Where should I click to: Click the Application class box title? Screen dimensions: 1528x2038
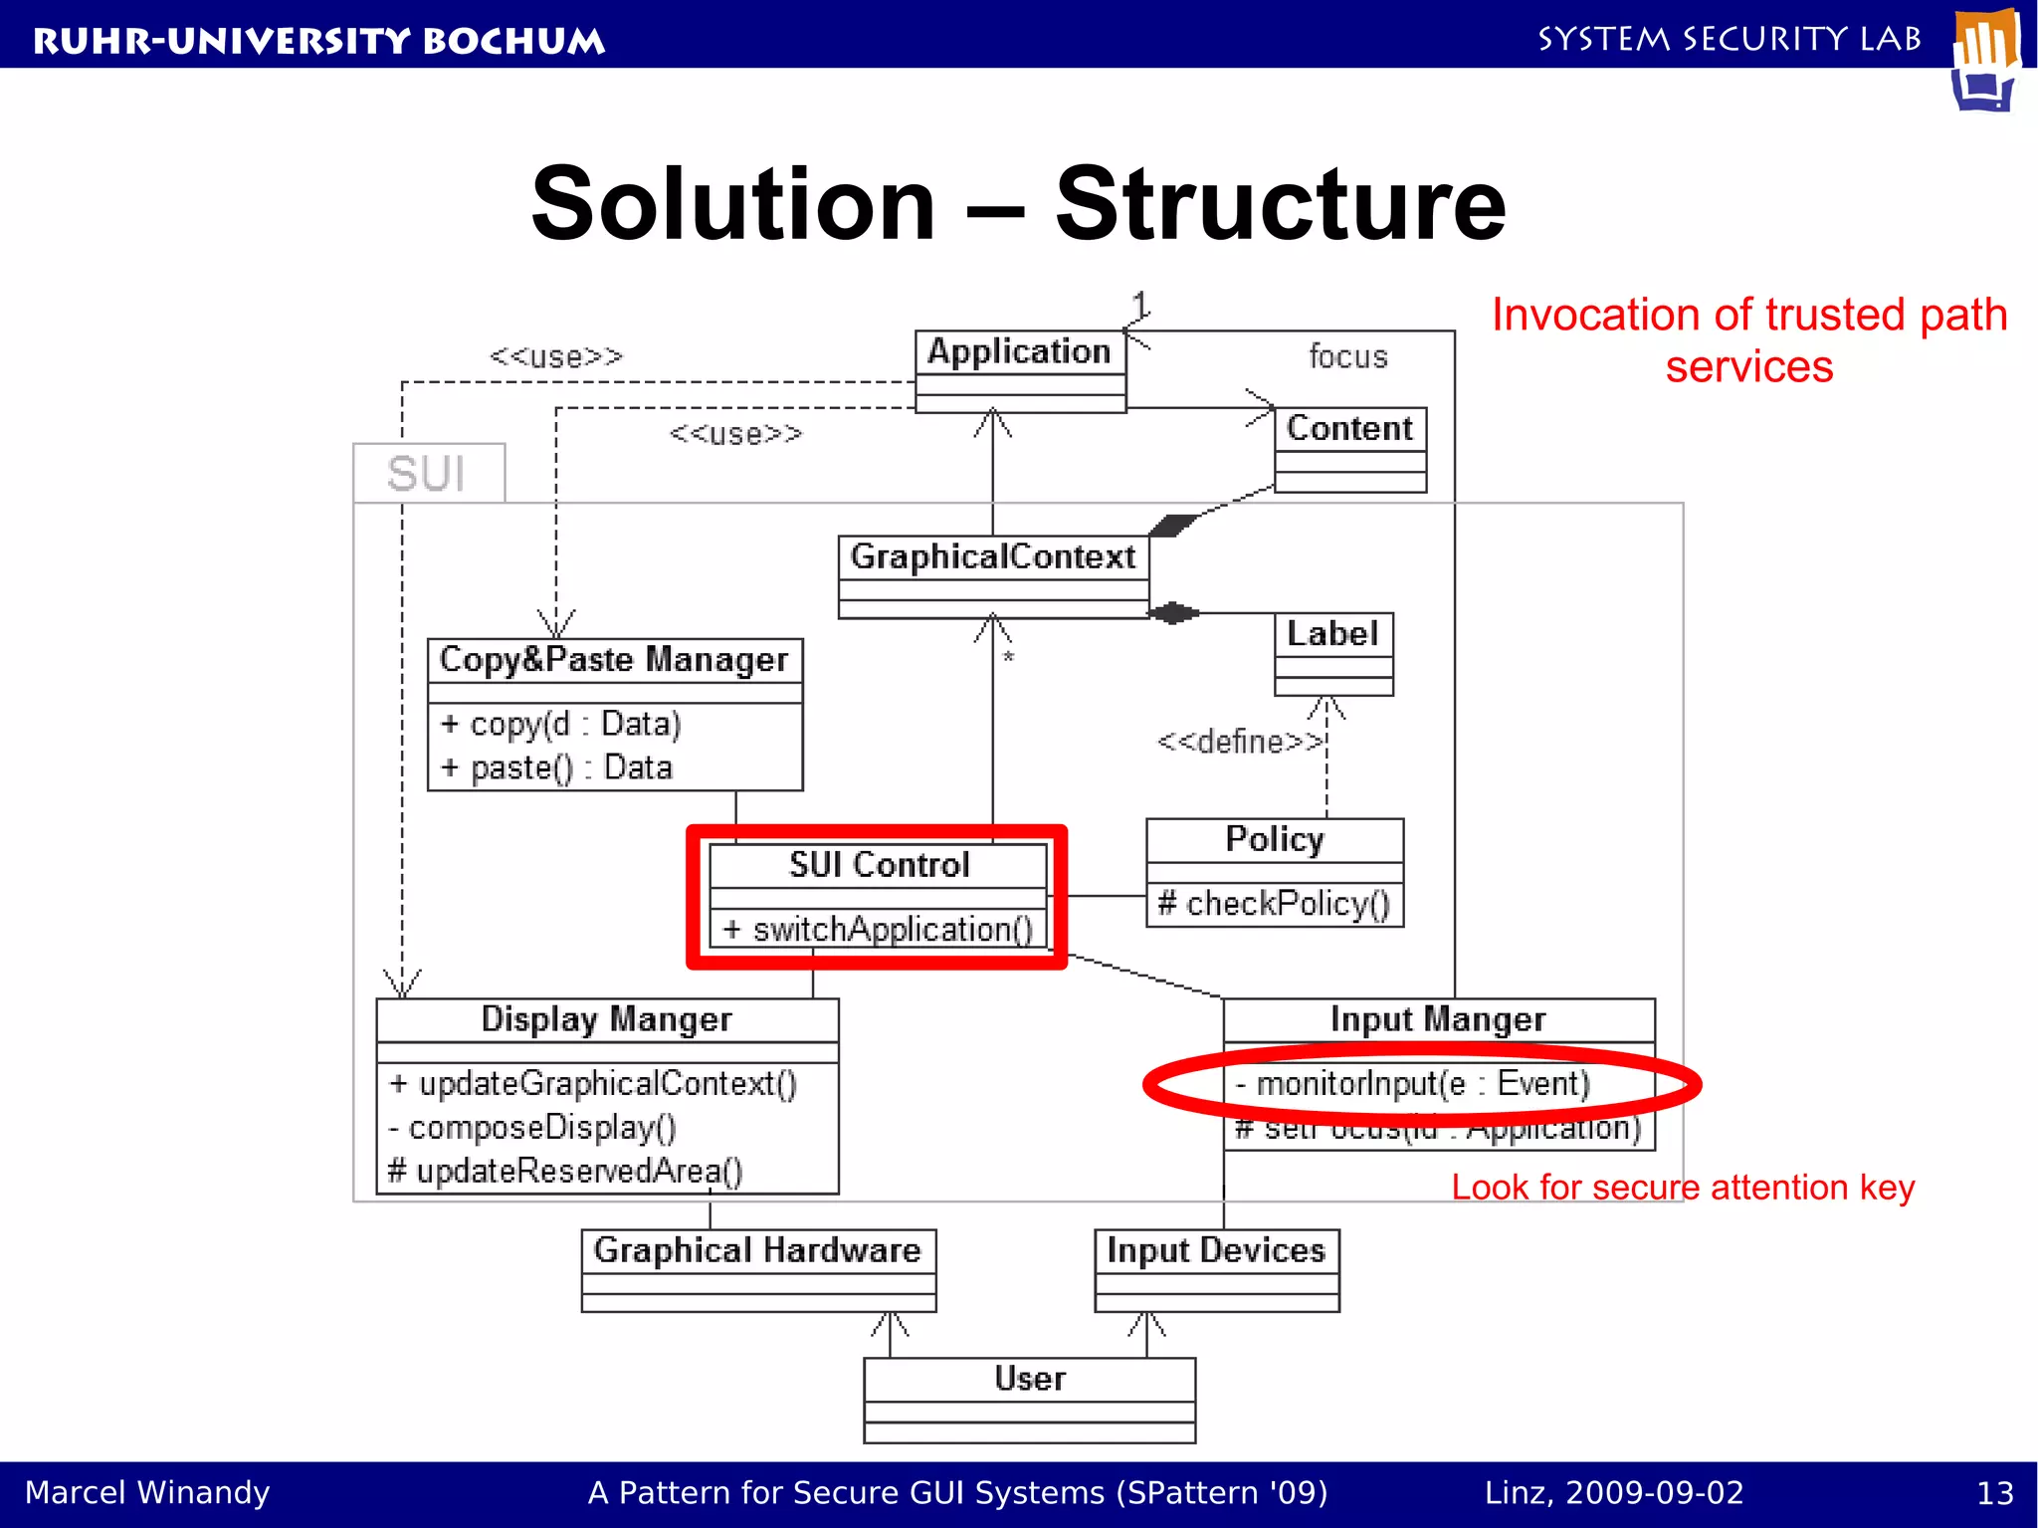(x=1019, y=351)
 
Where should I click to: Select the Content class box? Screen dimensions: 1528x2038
(x=1349, y=449)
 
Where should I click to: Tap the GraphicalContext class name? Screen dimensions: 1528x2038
(x=992, y=556)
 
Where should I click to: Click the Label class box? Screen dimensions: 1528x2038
(x=1332, y=652)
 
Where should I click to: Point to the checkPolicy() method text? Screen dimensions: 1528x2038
(x=1274, y=904)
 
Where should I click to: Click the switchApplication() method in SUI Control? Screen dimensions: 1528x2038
(x=879, y=930)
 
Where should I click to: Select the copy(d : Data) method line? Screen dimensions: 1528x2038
(x=561, y=724)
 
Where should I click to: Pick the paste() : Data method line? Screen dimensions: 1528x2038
(x=557, y=767)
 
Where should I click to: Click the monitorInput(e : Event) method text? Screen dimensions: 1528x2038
(x=1413, y=1083)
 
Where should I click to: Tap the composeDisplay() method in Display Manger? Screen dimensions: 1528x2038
(x=533, y=1128)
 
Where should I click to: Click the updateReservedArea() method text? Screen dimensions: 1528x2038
(x=565, y=1172)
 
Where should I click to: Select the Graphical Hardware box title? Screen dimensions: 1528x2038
(x=757, y=1250)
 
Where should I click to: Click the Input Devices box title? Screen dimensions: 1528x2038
(x=1216, y=1250)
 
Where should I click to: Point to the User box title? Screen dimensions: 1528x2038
(x=1030, y=1379)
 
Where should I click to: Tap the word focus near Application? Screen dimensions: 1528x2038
(x=1347, y=356)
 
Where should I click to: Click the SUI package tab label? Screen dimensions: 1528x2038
(x=427, y=474)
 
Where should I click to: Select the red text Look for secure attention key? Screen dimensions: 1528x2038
(x=1683, y=1188)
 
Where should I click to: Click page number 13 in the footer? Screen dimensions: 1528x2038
(x=1994, y=1493)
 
